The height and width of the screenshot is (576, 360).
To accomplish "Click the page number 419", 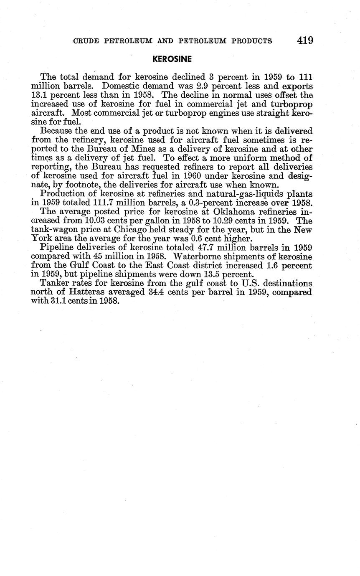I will [305, 41].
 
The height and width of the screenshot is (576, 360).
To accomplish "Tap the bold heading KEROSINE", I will [172, 59].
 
